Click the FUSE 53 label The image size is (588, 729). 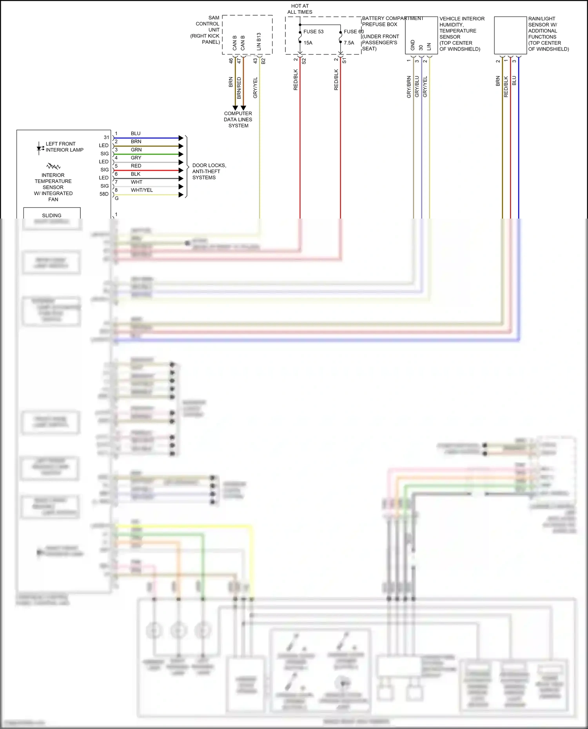tap(313, 32)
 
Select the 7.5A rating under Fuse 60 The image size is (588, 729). tap(349, 43)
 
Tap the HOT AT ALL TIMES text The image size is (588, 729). tap(300, 9)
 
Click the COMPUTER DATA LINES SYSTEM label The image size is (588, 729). tap(238, 119)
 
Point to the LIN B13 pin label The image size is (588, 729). tap(259, 41)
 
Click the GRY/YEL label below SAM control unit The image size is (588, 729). tap(255, 87)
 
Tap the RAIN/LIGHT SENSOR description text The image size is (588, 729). tap(548, 34)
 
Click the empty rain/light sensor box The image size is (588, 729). tap(510, 35)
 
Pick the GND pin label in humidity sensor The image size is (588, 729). tap(412, 45)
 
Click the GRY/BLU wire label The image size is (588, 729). tap(417, 87)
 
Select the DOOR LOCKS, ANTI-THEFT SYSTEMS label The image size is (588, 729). tap(209, 172)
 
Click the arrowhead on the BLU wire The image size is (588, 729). tap(181, 138)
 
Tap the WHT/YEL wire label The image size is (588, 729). tap(142, 190)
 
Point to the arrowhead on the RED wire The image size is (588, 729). tap(181, 170)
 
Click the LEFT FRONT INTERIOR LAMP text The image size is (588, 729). tap(64, 147)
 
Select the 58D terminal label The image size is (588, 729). tap(104, 194)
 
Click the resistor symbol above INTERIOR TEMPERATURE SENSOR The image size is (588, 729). tap(53, 166)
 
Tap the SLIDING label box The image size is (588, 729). tap(52, 213)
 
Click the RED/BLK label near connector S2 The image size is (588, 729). tap(296, 80)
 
